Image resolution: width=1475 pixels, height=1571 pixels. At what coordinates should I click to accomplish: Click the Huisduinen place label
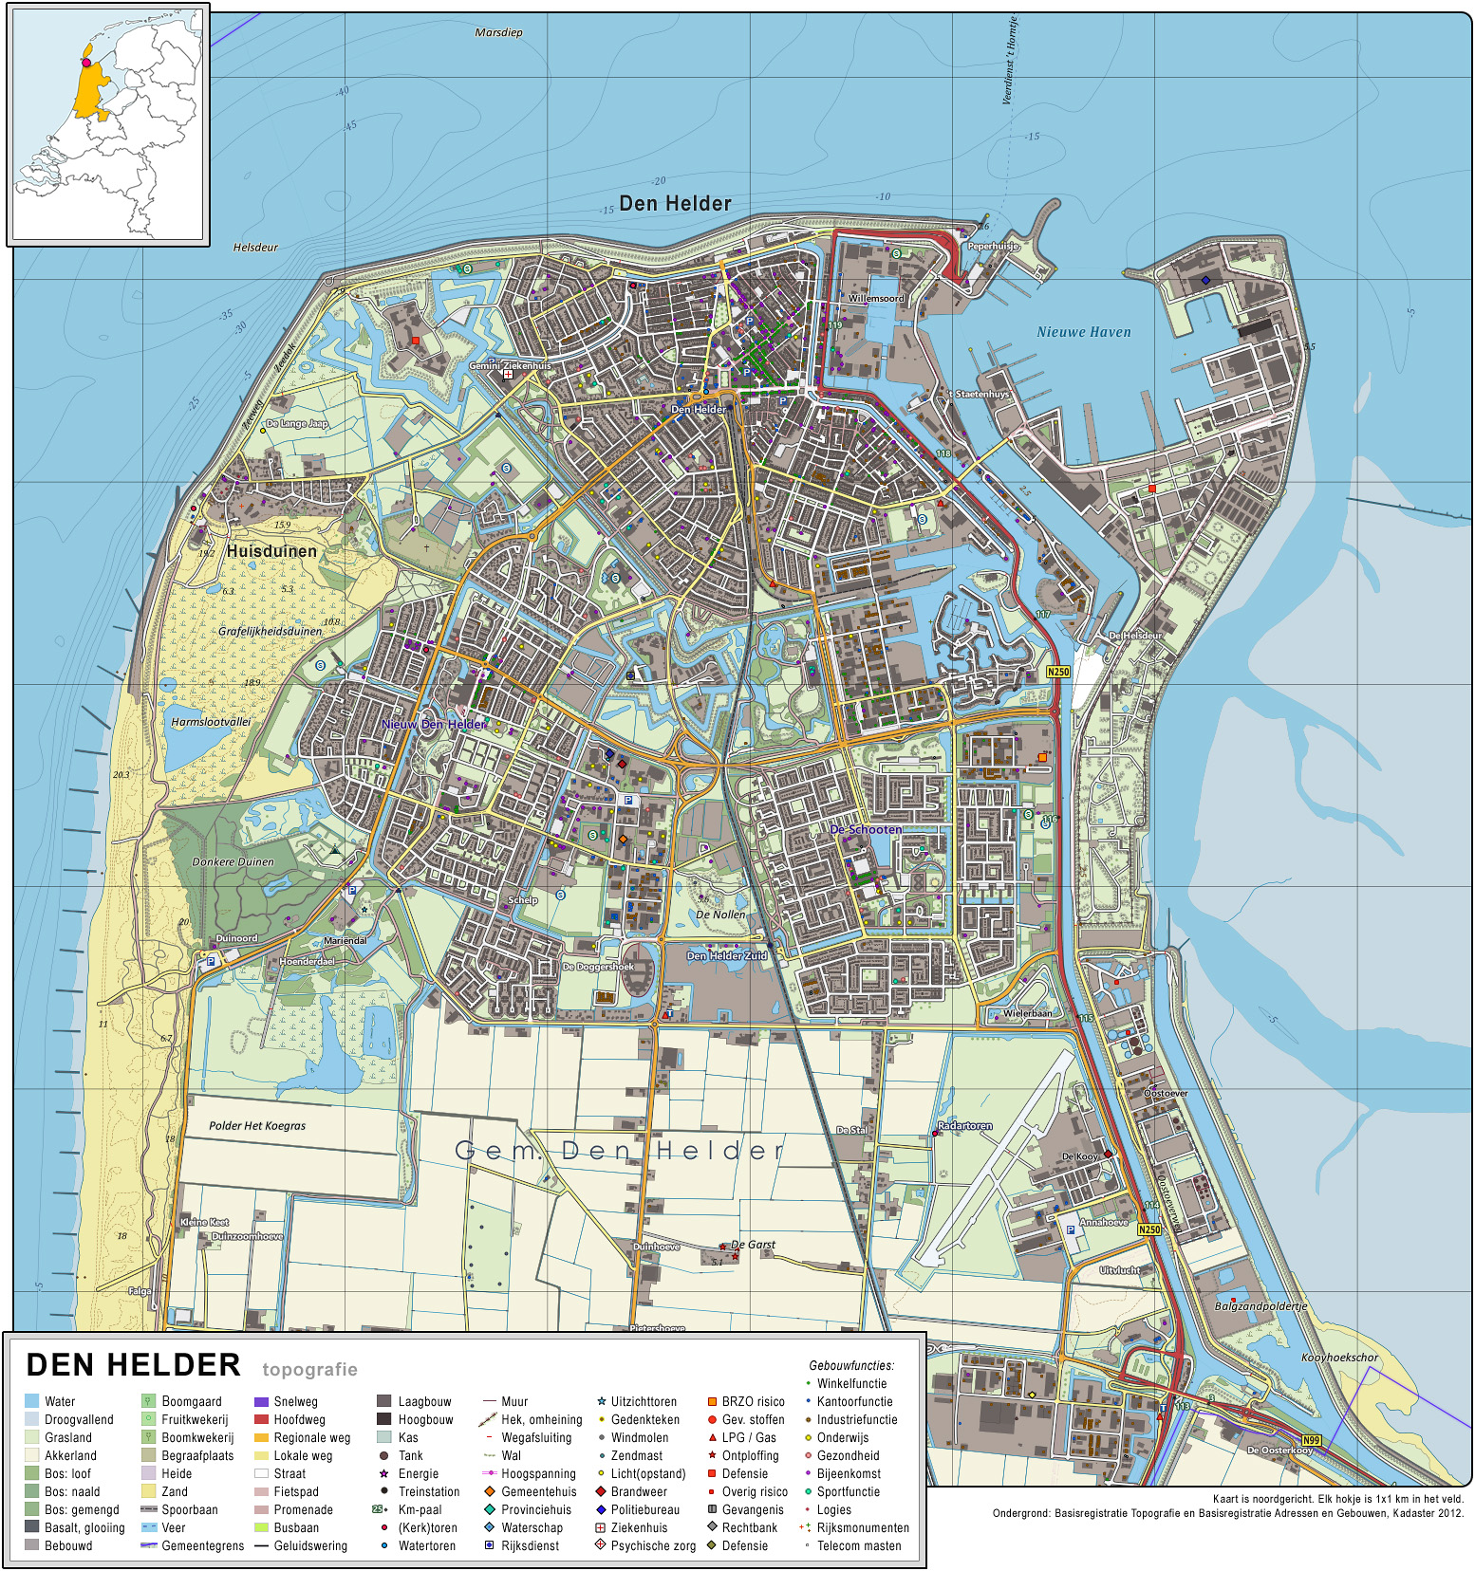click(271, 551)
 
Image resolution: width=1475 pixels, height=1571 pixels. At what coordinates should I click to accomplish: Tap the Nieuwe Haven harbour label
click(1083, 332)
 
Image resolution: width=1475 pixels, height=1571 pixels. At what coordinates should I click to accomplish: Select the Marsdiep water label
click(498, 32)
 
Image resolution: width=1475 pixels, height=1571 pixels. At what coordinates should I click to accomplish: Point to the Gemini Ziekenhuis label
click(510, 365)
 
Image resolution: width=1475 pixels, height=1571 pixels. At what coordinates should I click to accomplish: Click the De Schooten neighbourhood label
click(866, 829)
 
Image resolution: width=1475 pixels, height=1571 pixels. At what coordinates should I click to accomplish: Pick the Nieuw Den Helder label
click(434, 724)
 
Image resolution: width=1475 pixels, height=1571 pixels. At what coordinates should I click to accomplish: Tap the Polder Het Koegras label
click(257, 1126)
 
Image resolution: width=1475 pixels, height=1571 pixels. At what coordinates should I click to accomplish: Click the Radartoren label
click(964, 1126)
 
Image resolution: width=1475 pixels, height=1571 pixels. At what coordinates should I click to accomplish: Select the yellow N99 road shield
click(1311, 1440)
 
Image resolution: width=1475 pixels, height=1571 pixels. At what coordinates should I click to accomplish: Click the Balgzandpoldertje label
click(1260, 1306)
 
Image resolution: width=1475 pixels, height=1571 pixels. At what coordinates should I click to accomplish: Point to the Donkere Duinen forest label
click(233, 862)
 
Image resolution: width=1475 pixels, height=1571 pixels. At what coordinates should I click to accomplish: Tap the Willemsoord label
click(876, 298)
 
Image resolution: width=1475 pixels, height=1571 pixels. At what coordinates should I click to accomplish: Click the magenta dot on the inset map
click(86, 63)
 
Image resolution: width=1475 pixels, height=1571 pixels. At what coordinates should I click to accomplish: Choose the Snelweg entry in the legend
click(295, 1401)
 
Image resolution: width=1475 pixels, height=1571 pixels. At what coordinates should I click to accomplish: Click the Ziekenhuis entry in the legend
click(639, 1527)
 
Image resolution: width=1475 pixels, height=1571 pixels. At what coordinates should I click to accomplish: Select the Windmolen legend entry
click(639, 1437)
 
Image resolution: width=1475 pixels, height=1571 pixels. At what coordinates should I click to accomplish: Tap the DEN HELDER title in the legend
click(134, 1365)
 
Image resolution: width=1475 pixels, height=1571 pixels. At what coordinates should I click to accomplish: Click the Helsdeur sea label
click(255, 248)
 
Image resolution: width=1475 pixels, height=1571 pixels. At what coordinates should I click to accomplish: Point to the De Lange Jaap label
click(297, 424)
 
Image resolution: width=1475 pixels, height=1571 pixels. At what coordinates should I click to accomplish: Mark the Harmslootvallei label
click(211, 722)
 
